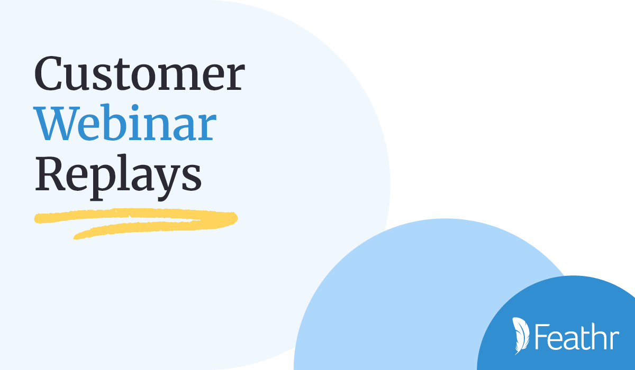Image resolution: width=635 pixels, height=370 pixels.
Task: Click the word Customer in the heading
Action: point(140,73)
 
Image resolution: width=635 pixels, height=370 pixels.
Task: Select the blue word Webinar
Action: point(125,122)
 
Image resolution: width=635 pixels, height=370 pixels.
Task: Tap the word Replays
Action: point(118,177)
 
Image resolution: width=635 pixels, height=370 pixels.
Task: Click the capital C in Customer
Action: point(48,73)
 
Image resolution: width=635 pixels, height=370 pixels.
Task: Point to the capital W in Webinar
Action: point(56,124)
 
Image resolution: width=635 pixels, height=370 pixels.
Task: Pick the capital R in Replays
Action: point(50,174)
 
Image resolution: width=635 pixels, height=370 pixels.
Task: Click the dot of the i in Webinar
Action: point(134,108)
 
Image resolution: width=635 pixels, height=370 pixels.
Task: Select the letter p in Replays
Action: point(103,184)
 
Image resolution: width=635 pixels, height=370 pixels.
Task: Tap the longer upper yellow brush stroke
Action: point(136,216)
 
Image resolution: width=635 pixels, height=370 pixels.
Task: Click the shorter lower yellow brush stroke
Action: point(148,229)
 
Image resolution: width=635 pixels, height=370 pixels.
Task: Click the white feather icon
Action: point(521,336)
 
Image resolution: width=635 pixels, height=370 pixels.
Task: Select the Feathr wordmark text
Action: point(577,337)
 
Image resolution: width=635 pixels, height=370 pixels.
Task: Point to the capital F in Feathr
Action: point(541,337)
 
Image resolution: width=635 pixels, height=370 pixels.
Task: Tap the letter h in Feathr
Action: point(600,337)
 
